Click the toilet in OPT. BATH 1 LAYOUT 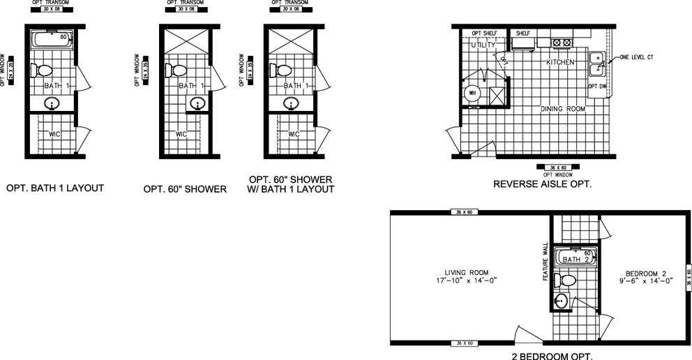[x=43, y=70]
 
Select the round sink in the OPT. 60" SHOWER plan [x=197, y=104]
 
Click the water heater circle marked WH [x=472, y=92]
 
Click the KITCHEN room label [x=559, y=62]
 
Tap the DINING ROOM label [x=562, y=109]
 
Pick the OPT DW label [x=597, y=87]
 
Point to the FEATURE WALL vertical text [x=545, y=262]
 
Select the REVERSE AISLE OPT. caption [x=542, y=185]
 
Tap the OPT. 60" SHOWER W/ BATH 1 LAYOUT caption [x=290, y=184]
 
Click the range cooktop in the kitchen [x=561, y=43]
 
